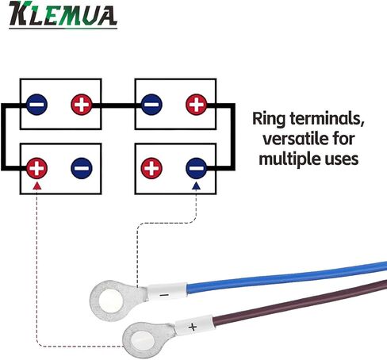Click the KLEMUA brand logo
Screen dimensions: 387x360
click(x=63, y=14)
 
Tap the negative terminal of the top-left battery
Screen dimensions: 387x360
click(x=37, y=105)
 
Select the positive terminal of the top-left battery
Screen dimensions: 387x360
click(x=82, y=105)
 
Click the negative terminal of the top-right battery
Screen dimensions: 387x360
click(x=151, y=105)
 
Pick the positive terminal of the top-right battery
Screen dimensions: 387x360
click(x=197, y=105)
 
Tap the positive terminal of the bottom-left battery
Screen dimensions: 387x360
click(x=37, y=168)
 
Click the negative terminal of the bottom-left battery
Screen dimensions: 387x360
click(x=82, y=168)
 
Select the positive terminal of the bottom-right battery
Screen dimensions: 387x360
click(x=151, y=168)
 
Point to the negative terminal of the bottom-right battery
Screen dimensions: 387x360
click(x=197, y=168)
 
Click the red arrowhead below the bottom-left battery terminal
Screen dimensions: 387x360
click(x=37, y=186)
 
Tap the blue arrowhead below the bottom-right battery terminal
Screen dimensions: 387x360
click(x=196, y=186)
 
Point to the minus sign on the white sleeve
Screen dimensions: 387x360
click(x=164, y=295)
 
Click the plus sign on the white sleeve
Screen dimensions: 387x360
click(x=193, y=327)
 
